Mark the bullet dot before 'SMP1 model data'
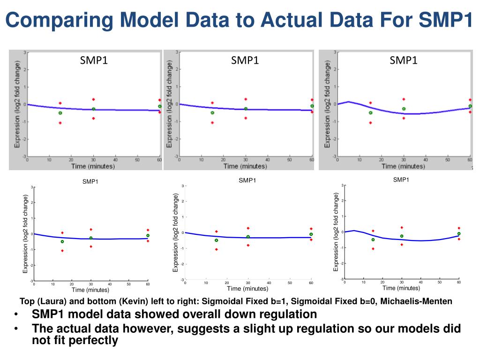17,315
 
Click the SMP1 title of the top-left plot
94,60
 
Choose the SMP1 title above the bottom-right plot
401,180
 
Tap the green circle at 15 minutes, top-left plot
60,113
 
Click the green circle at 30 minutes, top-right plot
403,109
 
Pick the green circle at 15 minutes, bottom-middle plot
216,240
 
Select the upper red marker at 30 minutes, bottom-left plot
91,229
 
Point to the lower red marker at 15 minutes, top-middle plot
212,123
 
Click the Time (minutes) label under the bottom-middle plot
247,289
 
